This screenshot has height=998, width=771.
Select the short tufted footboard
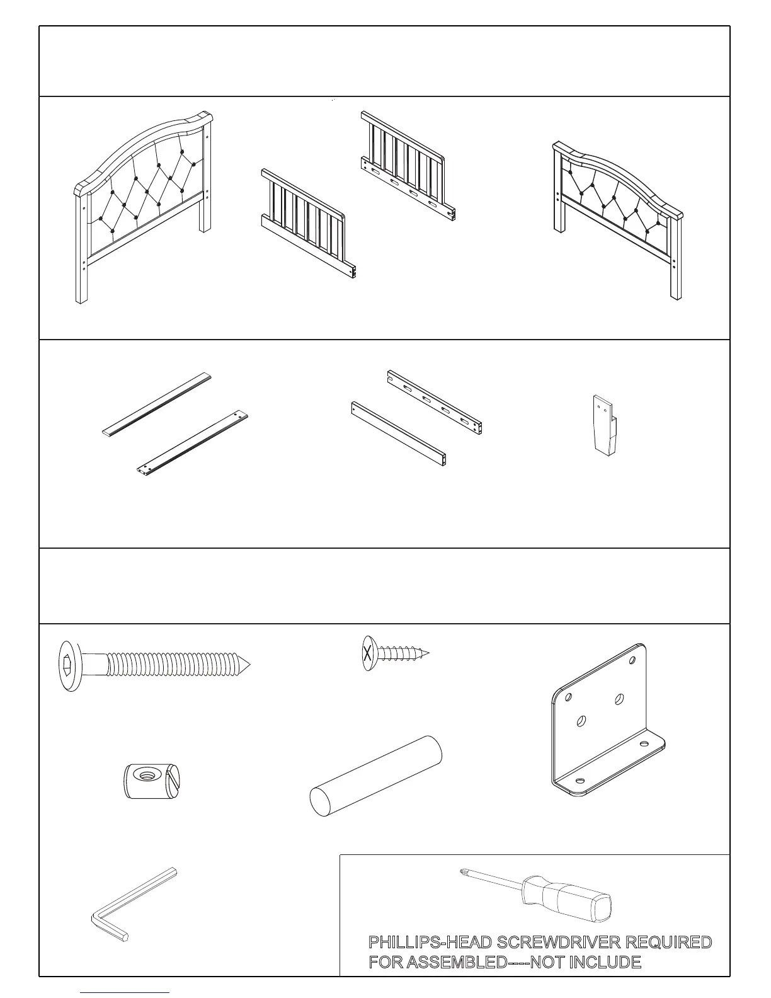(x=617, y=208)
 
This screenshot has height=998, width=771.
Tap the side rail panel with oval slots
(x=406, y=167)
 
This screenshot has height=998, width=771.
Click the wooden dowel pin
(x=375, y=776)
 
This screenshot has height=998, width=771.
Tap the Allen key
(x=132, y=905)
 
